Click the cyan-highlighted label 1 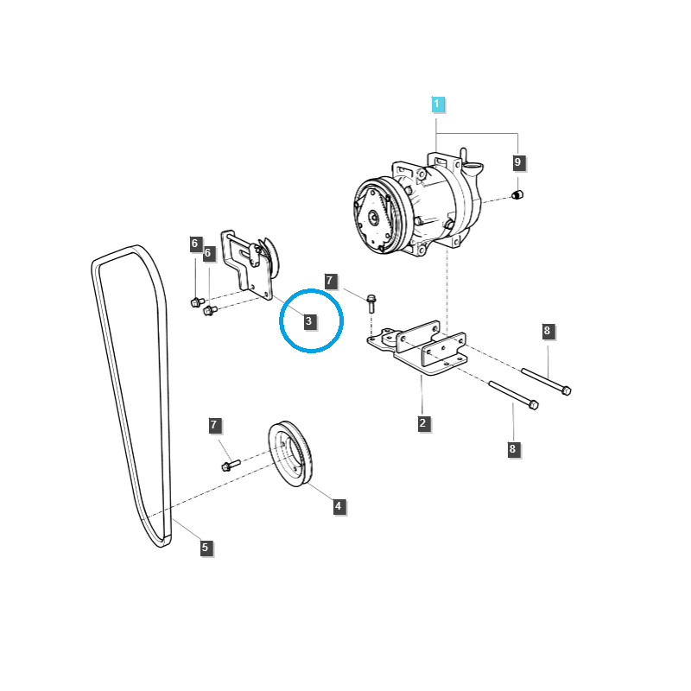(x=437, y=105)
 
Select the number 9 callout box (x=518, y=162)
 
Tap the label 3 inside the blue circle (x=308, y=322)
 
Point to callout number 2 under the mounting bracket (x=423, y=423)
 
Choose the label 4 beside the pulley (x=339, y=506)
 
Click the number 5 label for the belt (x=205, y=547)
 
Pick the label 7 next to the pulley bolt (x=215, y=425)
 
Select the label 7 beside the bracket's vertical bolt (x=329, y=281)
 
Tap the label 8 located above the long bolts (x=547, y=331)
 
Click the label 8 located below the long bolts (x=512, y=448)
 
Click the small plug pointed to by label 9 (x=519, y=195)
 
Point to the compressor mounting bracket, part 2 (x=422, y=350)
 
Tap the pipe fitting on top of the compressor (x=464, y=157)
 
